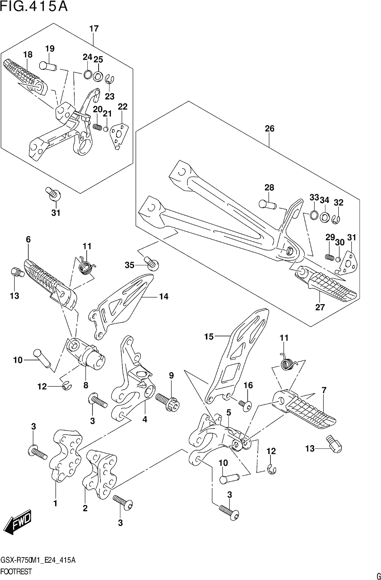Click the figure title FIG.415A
34,7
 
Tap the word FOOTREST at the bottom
16,571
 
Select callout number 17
94,29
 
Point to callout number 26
269,129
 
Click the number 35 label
129,265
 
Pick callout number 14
164,297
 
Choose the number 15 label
209,337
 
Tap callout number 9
171,376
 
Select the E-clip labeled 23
110,79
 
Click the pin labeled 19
49,66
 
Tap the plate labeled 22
119,136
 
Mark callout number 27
320,307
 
